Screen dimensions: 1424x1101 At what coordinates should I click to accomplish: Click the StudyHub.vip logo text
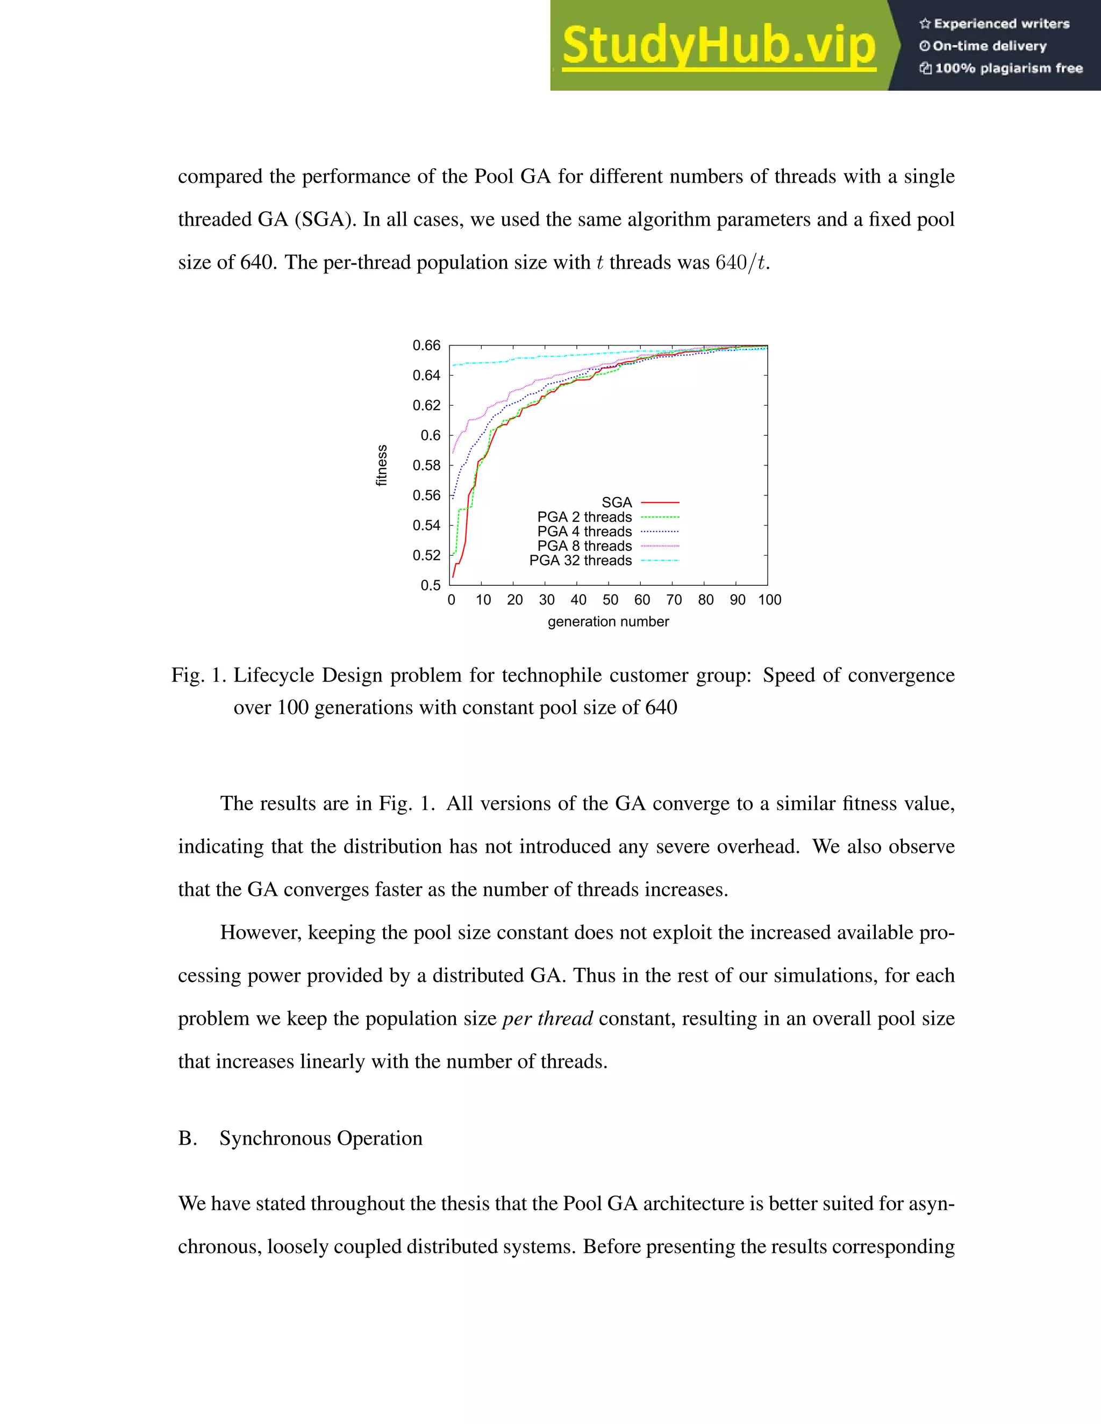coord(718,46)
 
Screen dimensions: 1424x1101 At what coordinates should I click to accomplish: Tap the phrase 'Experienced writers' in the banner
coord(1001,24)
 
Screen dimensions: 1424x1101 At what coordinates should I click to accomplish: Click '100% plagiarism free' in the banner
coord(1009,68)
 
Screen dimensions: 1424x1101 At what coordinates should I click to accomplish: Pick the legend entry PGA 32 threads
coord(581,560)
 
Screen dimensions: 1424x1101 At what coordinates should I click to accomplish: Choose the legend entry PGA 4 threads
coord(584,531)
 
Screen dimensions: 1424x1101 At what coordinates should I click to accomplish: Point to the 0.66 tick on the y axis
coord(426,346)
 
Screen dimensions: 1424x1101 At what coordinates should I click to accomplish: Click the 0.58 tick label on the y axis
coord(426,465)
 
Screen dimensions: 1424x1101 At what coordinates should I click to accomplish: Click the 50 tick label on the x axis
coord(610,600)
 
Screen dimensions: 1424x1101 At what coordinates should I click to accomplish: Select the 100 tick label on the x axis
coord(769,600)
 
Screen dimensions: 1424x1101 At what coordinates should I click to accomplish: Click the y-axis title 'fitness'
coord(382,465)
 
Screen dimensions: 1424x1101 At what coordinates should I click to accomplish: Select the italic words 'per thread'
coord(547,1018)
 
